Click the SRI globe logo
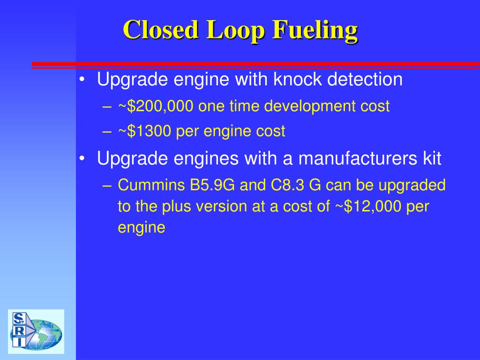[36, 331]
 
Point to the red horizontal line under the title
[255, 64]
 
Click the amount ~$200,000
[156, 107]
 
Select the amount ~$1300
[145, 132]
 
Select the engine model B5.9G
[212, 186]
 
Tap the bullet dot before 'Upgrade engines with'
[82, 159]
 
